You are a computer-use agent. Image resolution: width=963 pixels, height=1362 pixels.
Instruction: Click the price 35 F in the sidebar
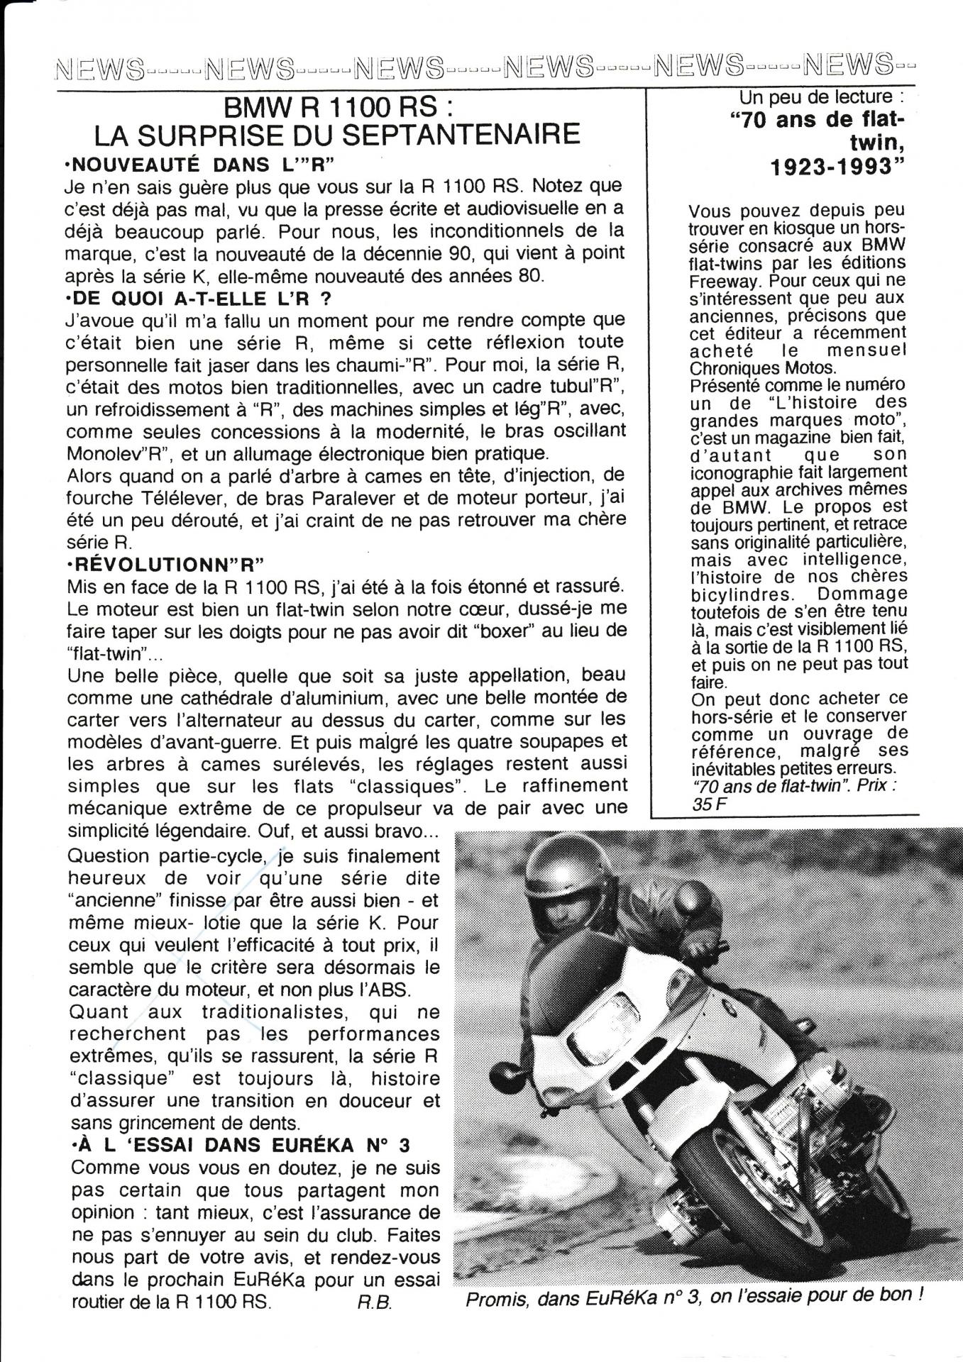click(x=705, y=803)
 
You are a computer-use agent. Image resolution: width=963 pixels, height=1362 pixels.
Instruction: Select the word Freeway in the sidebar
click(x=716, y=279)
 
